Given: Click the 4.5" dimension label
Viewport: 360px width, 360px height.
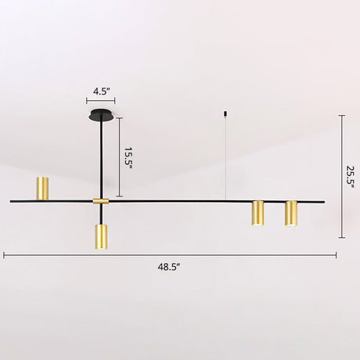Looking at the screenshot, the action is [100, 92].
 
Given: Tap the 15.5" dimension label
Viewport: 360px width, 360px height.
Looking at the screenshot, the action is [128, 157].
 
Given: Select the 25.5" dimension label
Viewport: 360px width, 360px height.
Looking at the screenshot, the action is [350, 176].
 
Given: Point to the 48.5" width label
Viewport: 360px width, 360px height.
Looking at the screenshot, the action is [169, 267].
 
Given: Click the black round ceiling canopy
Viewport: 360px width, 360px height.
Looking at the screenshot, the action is [102, 115].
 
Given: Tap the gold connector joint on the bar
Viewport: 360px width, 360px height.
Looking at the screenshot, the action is [101, 201].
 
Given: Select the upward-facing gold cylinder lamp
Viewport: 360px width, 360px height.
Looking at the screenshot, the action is [42, 189].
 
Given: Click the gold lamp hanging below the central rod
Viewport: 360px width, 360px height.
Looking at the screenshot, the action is [101, 237].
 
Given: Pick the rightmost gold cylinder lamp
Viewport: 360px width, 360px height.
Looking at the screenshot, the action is [291, 214].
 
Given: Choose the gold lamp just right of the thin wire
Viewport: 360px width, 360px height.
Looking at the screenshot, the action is [257, 213].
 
